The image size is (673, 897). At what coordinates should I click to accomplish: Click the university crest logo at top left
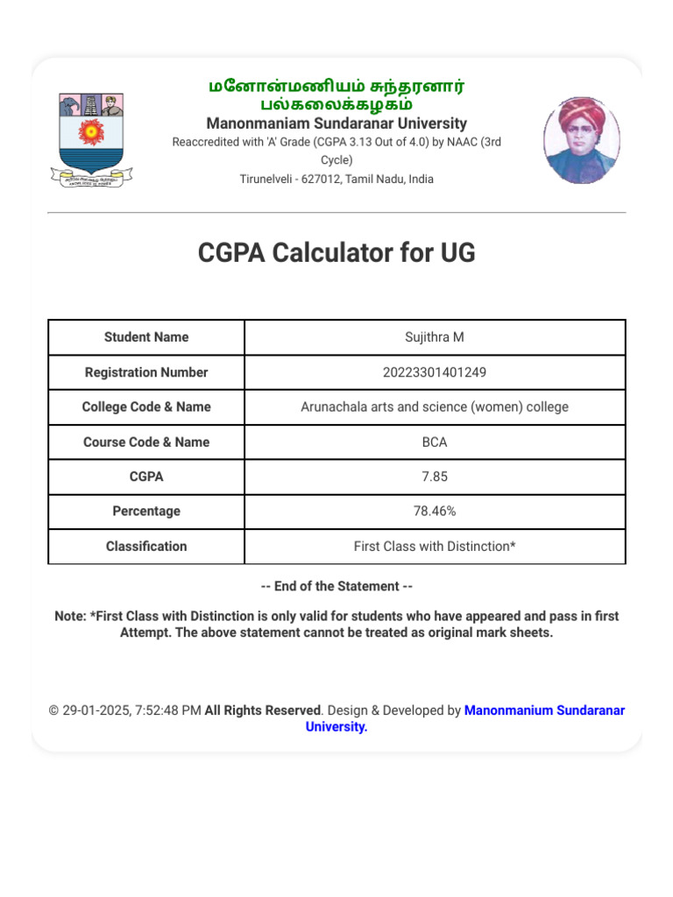91,139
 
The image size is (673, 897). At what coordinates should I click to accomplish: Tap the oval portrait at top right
581,140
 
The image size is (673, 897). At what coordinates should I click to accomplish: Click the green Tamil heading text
336,95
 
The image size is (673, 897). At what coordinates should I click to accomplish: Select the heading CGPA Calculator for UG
336,253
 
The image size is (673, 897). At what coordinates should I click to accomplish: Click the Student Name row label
146,337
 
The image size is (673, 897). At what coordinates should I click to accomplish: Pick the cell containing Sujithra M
435,337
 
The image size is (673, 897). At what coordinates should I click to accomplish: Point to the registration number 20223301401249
435,372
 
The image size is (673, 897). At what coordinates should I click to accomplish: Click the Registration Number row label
146,372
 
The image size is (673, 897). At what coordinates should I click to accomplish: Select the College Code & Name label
146,407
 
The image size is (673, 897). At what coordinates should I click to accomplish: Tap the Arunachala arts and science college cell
435,407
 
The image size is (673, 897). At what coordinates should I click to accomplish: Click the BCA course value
435,442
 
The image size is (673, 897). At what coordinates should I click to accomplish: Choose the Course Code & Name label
146,442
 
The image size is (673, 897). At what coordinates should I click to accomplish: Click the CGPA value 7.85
435,477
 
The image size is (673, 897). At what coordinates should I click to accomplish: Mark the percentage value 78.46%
435,512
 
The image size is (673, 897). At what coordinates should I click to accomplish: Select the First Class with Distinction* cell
435,547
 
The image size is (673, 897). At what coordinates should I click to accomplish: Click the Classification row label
146,547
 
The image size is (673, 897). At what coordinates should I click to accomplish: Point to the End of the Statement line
336,586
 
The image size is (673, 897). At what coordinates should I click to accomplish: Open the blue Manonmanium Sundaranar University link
543,711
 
